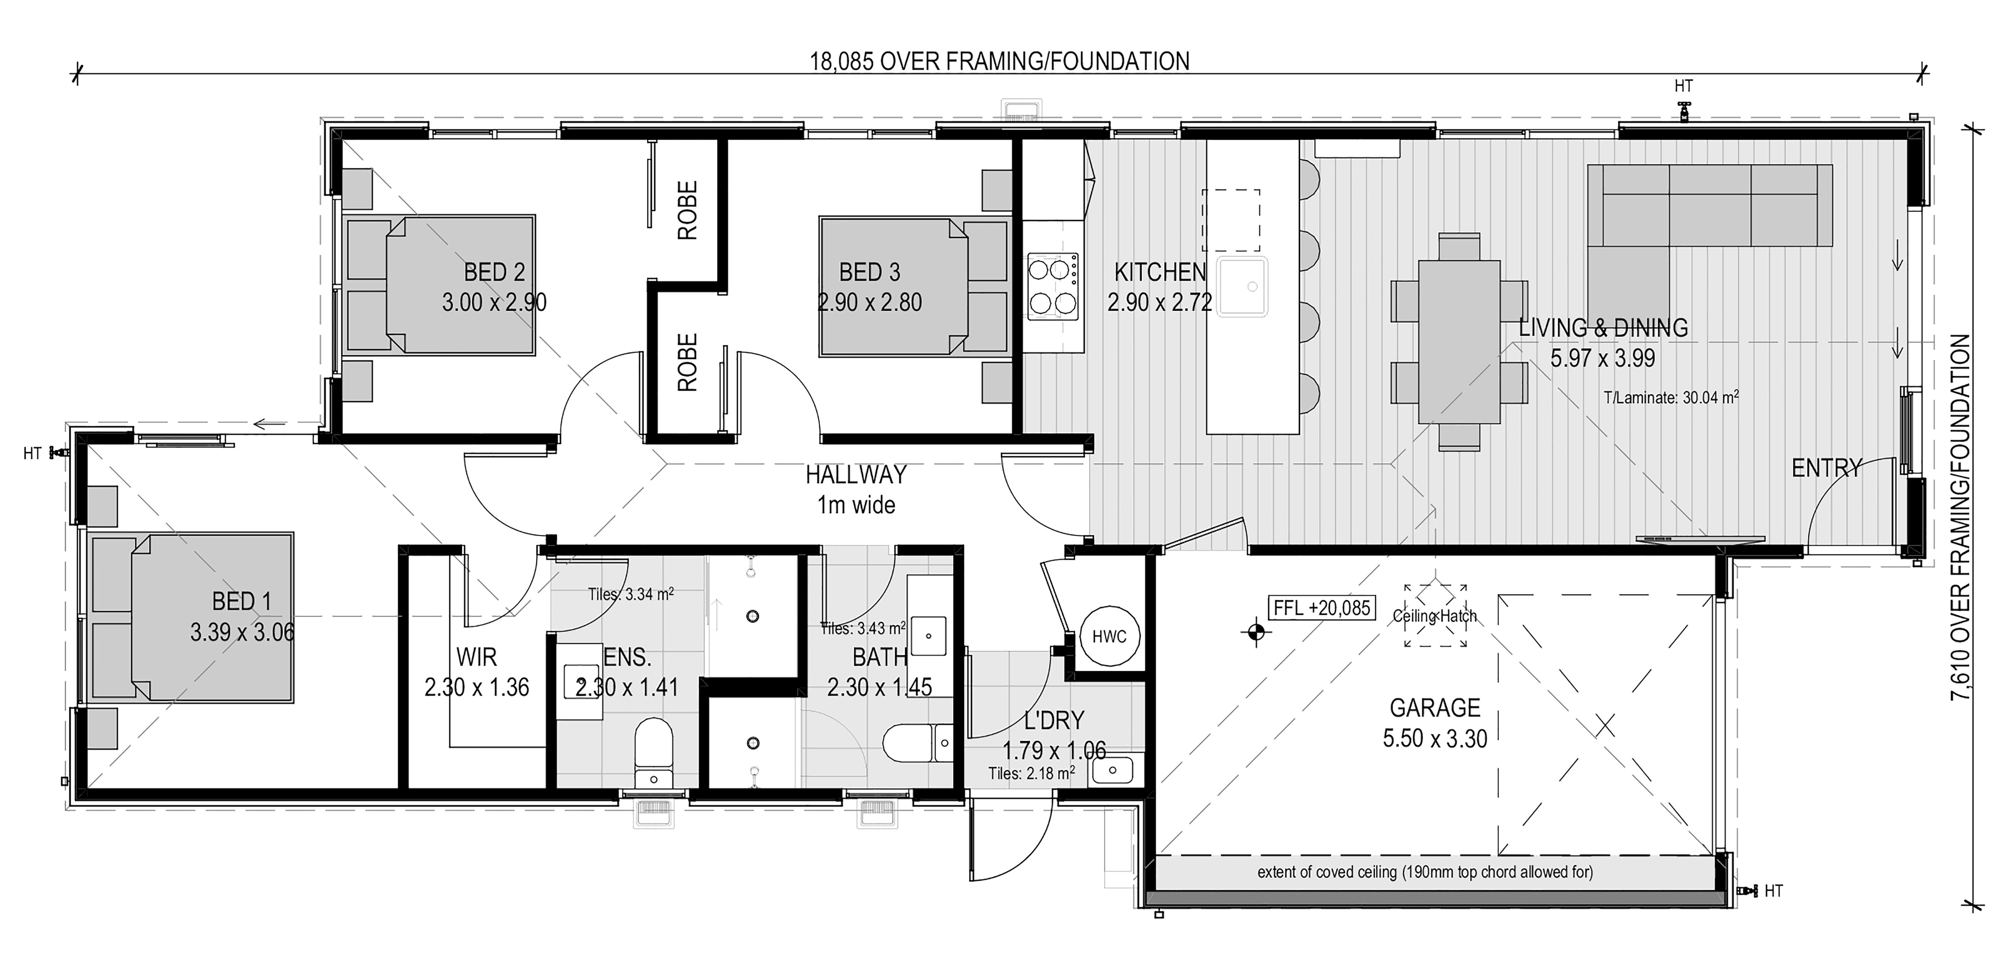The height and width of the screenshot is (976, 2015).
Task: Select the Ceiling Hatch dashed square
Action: click(x=1435, y=616)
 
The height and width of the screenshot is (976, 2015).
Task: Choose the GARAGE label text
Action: click(x=1435, y=708)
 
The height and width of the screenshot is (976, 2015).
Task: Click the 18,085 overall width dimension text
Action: click(x=1000, y=61)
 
